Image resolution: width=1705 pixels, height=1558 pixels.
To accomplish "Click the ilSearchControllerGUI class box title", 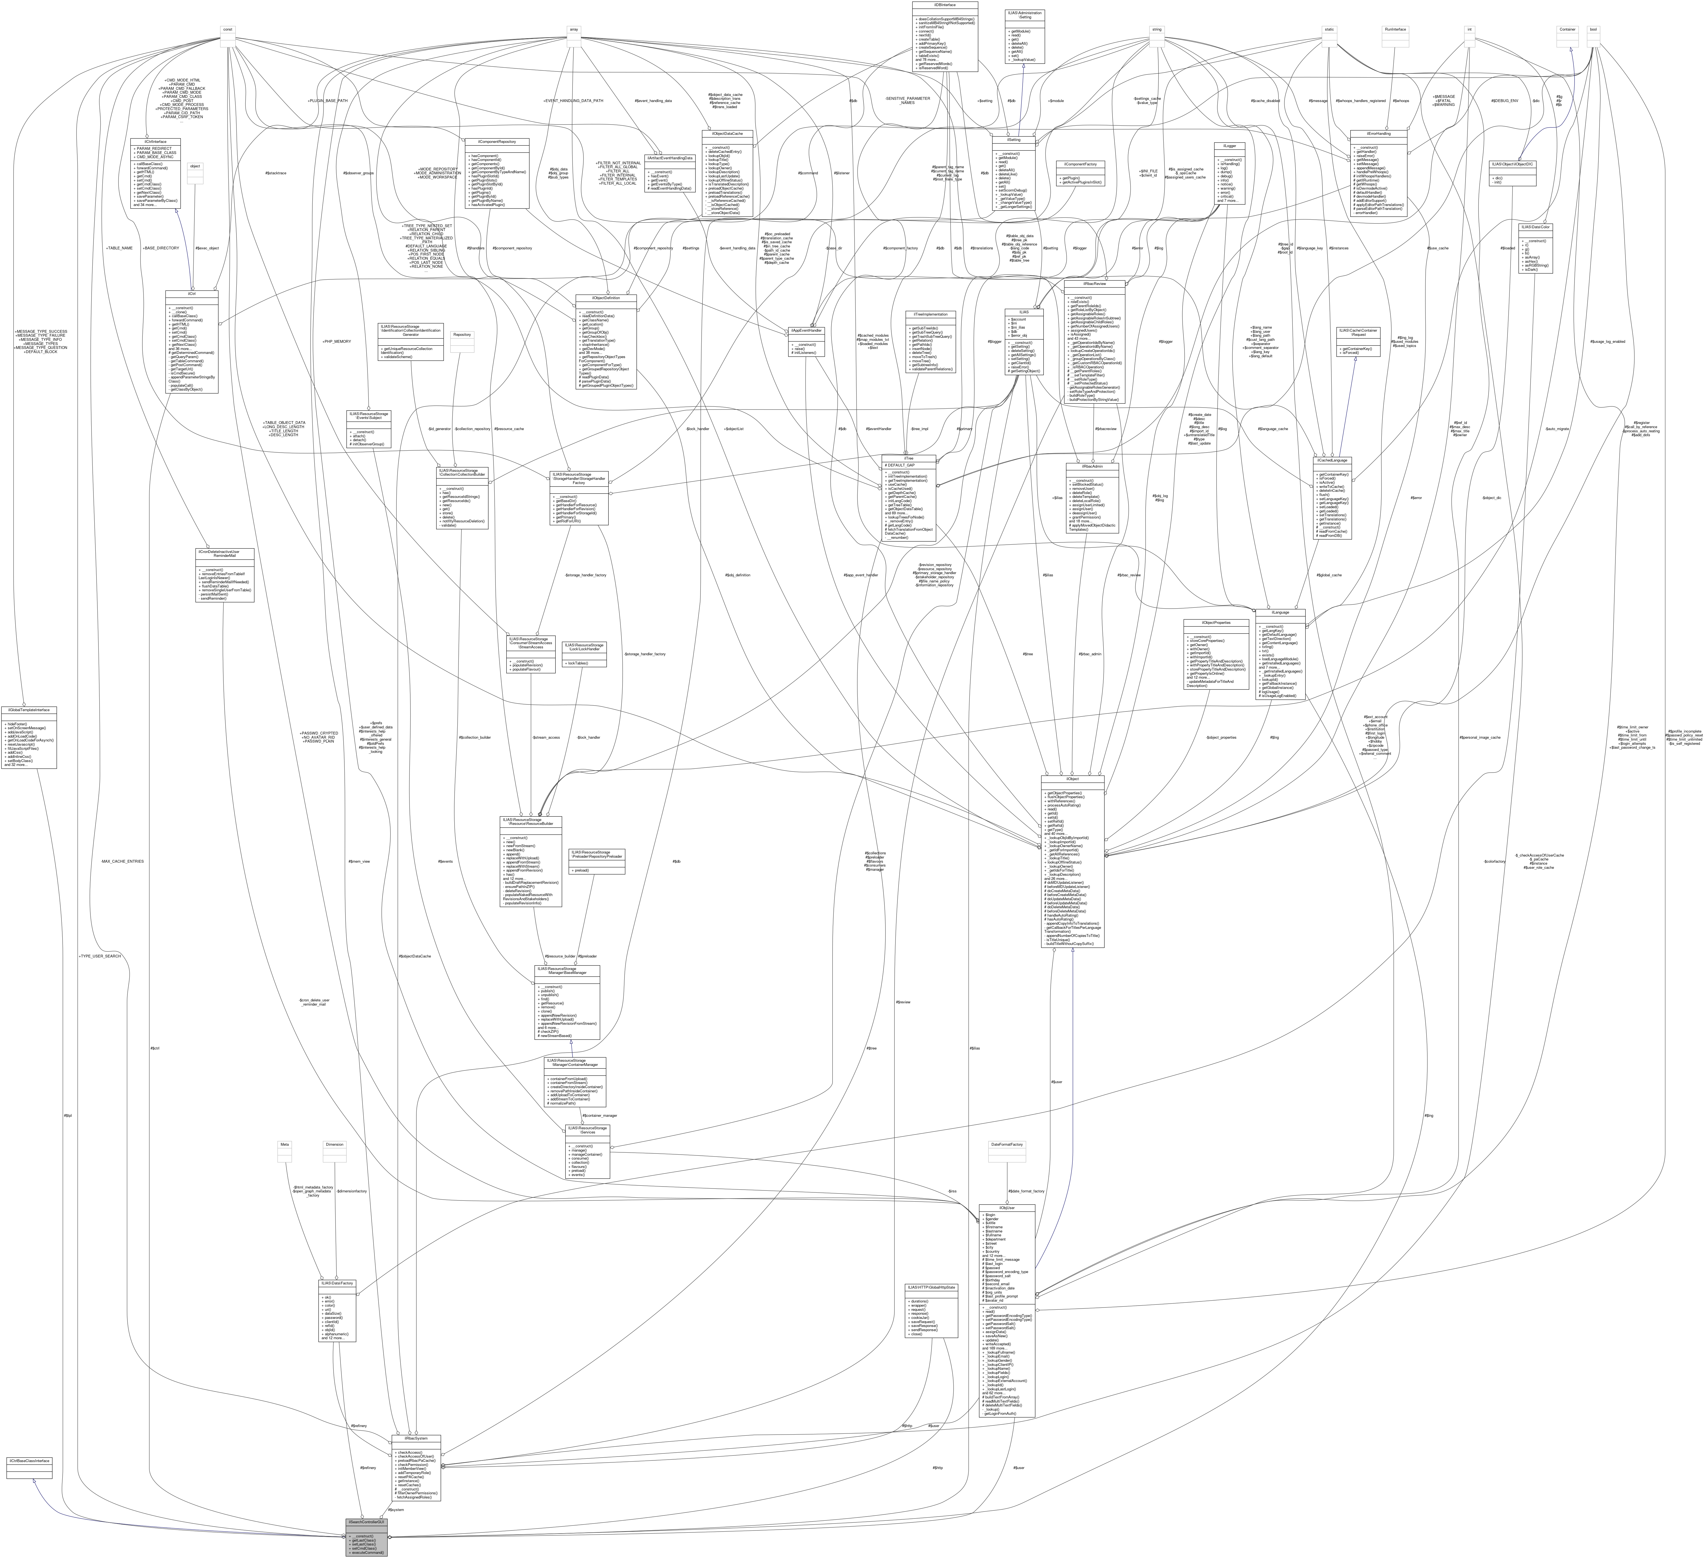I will (366, 1522).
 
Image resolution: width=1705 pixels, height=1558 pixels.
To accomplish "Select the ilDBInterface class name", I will (945, 4).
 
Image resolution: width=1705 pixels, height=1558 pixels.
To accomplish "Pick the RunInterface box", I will (1395, 29).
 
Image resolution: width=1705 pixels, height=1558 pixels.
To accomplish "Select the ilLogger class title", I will (1229, 145).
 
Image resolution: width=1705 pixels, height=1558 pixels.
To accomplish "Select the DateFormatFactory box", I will (1006, 1145).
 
